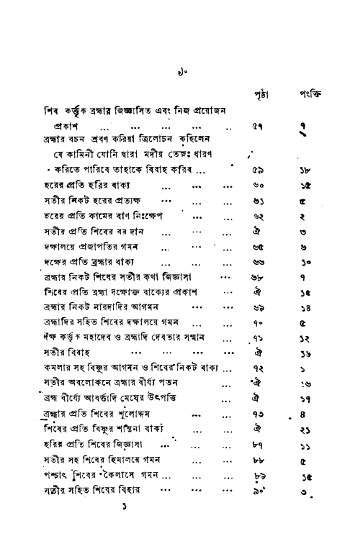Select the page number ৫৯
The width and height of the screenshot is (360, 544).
[x=256, y=171]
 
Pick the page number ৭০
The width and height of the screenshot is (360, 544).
[x=256, y=328]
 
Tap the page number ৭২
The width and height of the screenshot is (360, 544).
[x=256, y=371]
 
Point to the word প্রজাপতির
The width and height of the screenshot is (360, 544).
[x=113, y=245]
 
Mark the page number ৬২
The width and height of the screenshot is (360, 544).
[x=256, y=215]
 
